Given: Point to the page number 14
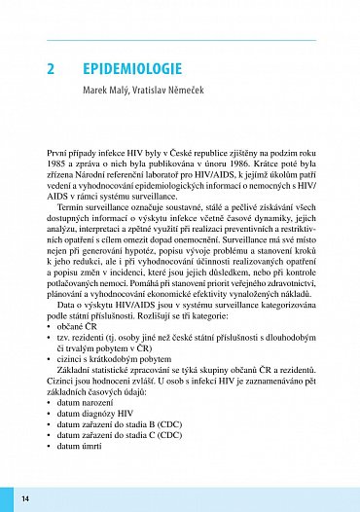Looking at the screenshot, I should pos(25,499).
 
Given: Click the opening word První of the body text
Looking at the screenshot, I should pos(58,154).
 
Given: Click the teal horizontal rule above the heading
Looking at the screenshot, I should pos(181,39).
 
